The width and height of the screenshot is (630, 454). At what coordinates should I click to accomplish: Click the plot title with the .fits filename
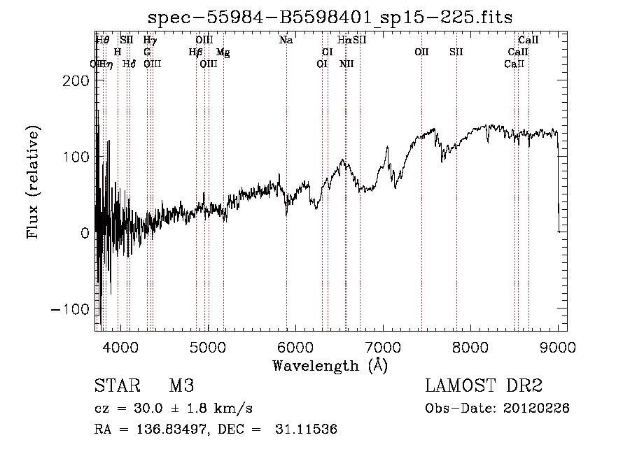pos(330,17)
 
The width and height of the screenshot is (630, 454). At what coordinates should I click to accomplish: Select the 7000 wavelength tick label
pos(383,347)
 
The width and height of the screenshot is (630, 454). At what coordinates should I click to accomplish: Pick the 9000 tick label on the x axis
pos(558,347)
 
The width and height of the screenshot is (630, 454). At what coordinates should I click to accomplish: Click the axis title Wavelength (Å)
pos(330,365)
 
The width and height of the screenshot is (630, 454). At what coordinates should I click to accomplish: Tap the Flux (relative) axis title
pos(34,182)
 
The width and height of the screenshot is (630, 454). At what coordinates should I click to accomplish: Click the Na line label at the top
pos(286,41)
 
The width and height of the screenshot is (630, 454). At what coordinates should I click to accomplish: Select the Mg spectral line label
pos(223,52)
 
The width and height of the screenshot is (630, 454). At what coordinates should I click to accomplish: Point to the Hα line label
pos(344,41)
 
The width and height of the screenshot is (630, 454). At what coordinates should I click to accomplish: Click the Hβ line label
pos(195,52)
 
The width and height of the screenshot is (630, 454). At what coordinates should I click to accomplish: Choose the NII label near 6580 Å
pos(346,64)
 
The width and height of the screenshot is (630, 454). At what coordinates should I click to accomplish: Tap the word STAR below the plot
pos(116,387)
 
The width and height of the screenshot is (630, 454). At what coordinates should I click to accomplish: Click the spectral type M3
pos(181,387)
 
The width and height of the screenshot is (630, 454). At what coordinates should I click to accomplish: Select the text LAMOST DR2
pos(484,387)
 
